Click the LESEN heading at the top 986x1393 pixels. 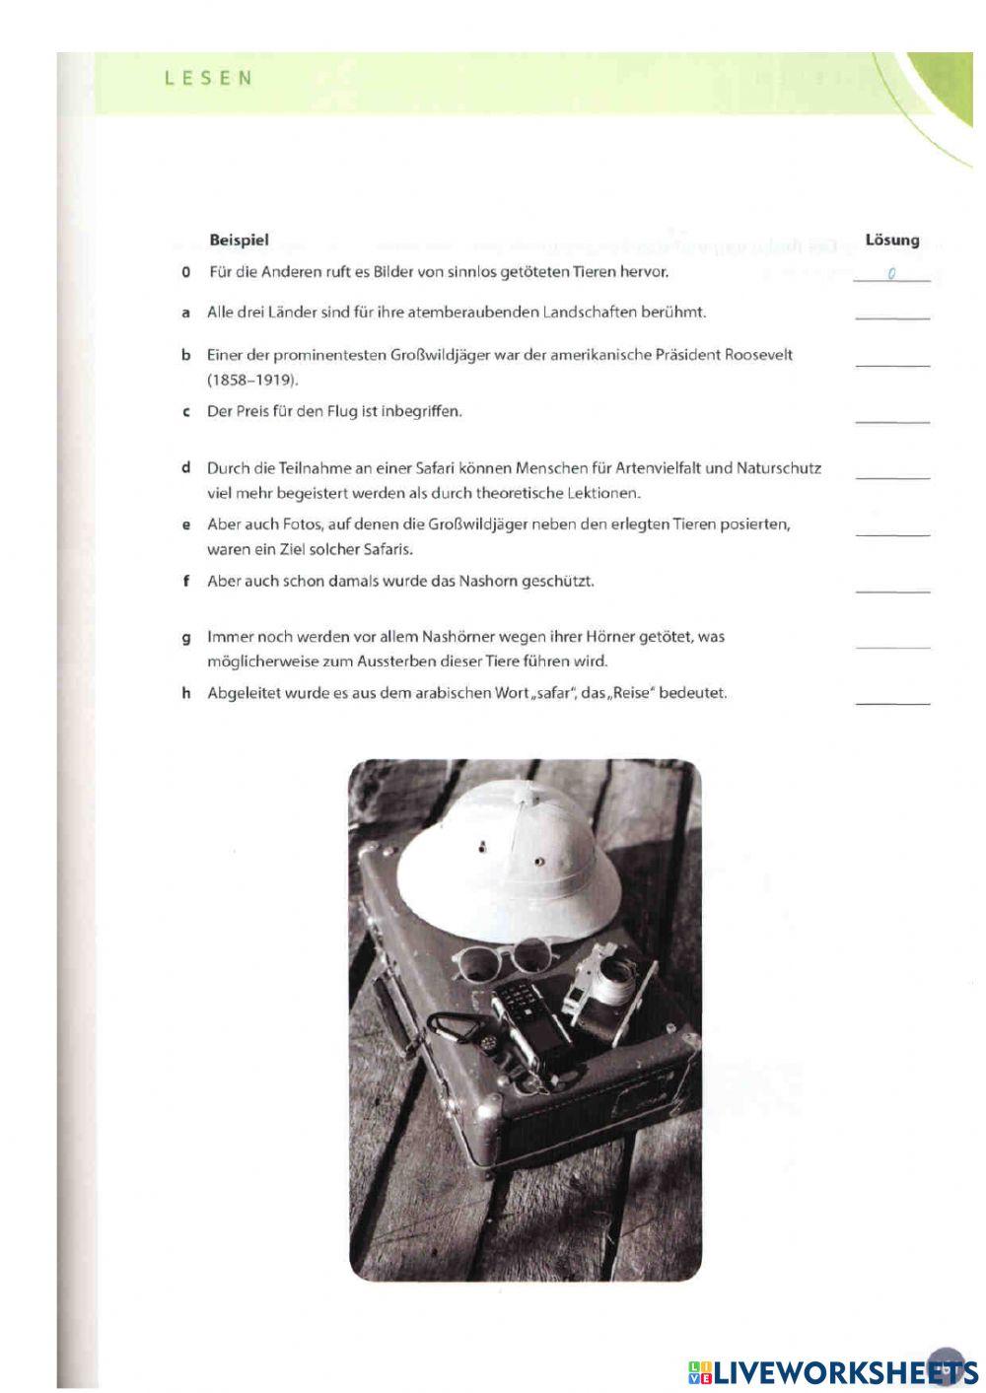click(208, 78)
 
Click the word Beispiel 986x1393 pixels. click(239, 240)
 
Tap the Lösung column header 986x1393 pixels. click(891, 240)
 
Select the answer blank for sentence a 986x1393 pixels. click(892, 314)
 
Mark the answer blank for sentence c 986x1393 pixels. click(892, 418)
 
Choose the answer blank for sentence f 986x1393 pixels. click(892, 588)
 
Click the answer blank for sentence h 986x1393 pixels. click(892, 700)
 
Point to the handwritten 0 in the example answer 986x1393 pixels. click(890, 274)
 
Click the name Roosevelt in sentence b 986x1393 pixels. click(758, 355)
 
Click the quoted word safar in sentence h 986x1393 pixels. click(554, 693)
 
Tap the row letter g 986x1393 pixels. click(185, 637)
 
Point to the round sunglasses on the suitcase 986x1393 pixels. click(503, 956)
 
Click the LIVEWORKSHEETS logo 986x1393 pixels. click(833, 1371)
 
